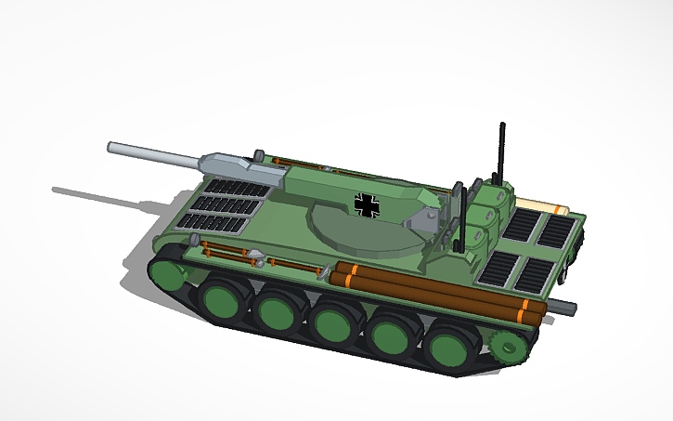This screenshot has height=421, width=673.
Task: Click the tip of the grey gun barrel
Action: (112, 147)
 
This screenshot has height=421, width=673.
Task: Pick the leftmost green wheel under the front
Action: (168, 274)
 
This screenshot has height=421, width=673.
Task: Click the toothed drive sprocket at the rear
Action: (508, 348)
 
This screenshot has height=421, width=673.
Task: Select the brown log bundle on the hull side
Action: (436, 295)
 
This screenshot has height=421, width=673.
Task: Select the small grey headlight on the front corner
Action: (253, 256)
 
